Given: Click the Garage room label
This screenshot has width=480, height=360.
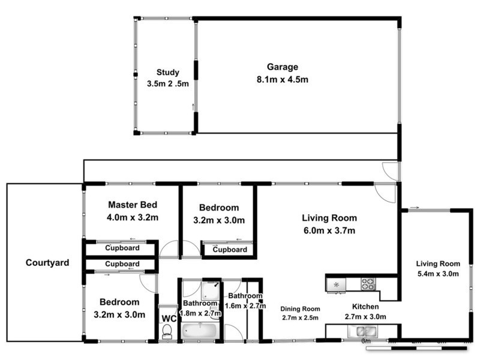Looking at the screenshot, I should [281, 67].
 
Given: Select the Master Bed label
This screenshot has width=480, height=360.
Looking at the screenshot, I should [133, 204].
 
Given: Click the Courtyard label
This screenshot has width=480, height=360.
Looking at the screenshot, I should [47, 262].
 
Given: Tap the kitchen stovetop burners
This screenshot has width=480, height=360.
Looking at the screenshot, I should [368, 284].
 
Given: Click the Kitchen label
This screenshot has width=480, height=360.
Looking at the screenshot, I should [365, 306].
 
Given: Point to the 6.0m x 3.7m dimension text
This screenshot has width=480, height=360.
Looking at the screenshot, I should [329, 230].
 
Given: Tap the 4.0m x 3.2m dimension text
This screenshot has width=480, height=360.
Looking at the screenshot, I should [133, 217].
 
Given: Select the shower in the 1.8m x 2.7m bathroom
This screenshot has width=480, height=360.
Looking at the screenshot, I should [211, 290].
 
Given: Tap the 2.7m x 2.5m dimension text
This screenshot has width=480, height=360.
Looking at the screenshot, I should [300, 317].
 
